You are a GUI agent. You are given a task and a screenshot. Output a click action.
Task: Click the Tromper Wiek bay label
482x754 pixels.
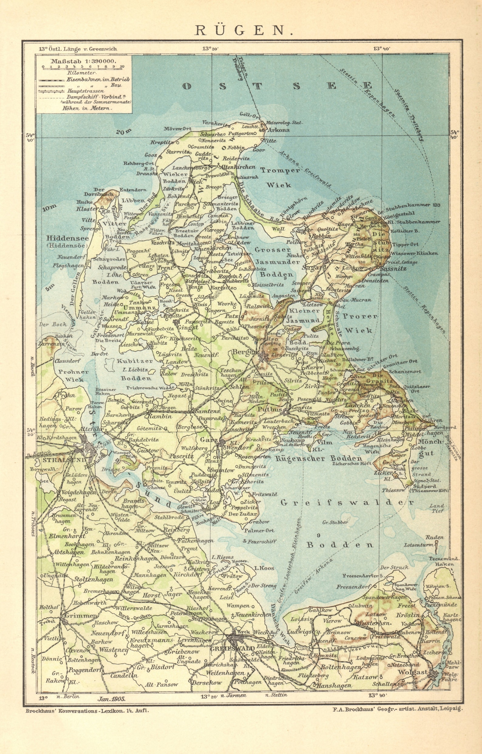280,177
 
